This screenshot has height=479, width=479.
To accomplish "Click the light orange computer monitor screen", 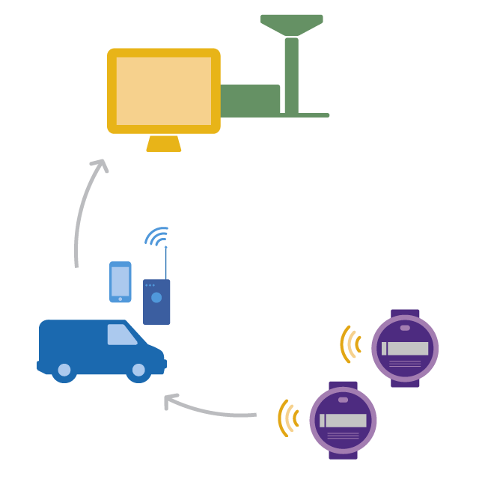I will [x=164, y=91].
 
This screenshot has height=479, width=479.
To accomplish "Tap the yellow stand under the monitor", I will [x=164, y=144].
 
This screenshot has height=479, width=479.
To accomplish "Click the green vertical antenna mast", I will [x=291, y=75].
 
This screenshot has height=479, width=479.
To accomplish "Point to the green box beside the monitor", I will [x=251, y=100].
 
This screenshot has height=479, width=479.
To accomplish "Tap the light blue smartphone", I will [x=120, y=281].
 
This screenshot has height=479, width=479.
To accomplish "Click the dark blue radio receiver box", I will [x=156, y=302].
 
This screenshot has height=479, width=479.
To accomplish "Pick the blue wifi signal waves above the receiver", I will [x=157, y=237].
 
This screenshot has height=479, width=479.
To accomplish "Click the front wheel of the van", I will [x=139, y=370].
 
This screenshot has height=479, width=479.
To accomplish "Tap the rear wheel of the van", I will [x=64, y=370].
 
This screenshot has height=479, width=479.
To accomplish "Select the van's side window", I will [x=121, y=335].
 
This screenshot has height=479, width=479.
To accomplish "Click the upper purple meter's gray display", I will [x=405, y=349].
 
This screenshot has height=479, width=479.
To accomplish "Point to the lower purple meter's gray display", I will [x=344, y=421].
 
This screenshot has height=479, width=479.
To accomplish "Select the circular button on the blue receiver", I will [x=156, y=297].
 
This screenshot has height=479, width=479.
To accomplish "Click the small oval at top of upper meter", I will [x=405, y=328].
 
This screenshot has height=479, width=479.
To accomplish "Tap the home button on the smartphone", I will [x=120, y=299].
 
